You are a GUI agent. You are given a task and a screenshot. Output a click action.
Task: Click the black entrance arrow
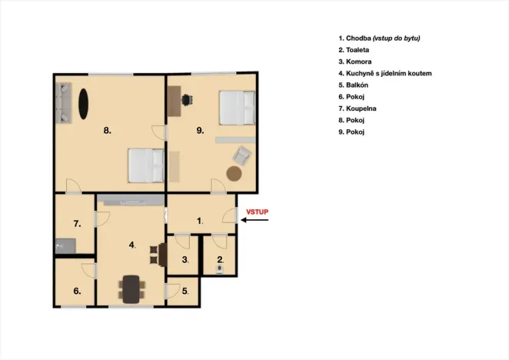256,221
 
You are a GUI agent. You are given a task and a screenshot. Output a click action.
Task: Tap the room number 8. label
108,131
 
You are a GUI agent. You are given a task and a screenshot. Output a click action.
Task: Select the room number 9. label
200,131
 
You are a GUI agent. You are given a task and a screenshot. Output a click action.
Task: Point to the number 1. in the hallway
200,221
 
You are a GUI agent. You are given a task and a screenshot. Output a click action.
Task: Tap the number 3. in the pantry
185,260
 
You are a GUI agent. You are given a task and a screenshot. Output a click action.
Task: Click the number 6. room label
77,291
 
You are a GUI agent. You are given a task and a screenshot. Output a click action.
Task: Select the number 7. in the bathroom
77,224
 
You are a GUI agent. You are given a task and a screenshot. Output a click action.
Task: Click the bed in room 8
146,165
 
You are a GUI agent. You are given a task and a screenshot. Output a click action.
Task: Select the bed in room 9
236,107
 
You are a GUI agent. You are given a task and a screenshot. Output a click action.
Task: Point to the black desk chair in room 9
189,98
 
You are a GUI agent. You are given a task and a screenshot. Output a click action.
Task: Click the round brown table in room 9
234,173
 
